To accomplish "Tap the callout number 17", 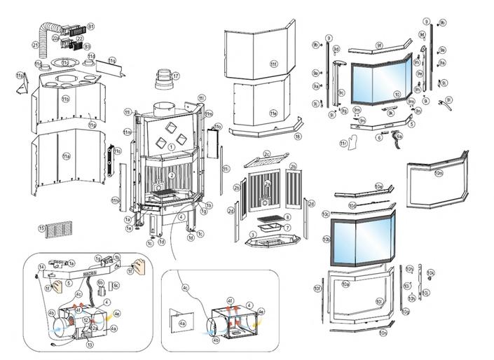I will (x=176, y=76).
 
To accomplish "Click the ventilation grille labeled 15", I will (x=59, y=228).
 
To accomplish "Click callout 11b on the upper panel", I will (x=65, y=99).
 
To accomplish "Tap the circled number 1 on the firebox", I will (x=171, y=146).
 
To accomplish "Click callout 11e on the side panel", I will (x=273, y=113).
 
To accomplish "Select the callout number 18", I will (x=298, y=137).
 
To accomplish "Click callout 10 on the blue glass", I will (x=397, y=95).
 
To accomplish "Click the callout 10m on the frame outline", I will (x=439, y=172).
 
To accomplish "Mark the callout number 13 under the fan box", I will (x=89, y=345).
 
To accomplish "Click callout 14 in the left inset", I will (x=42, y=267).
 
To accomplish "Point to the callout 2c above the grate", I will (x=267, y=153).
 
